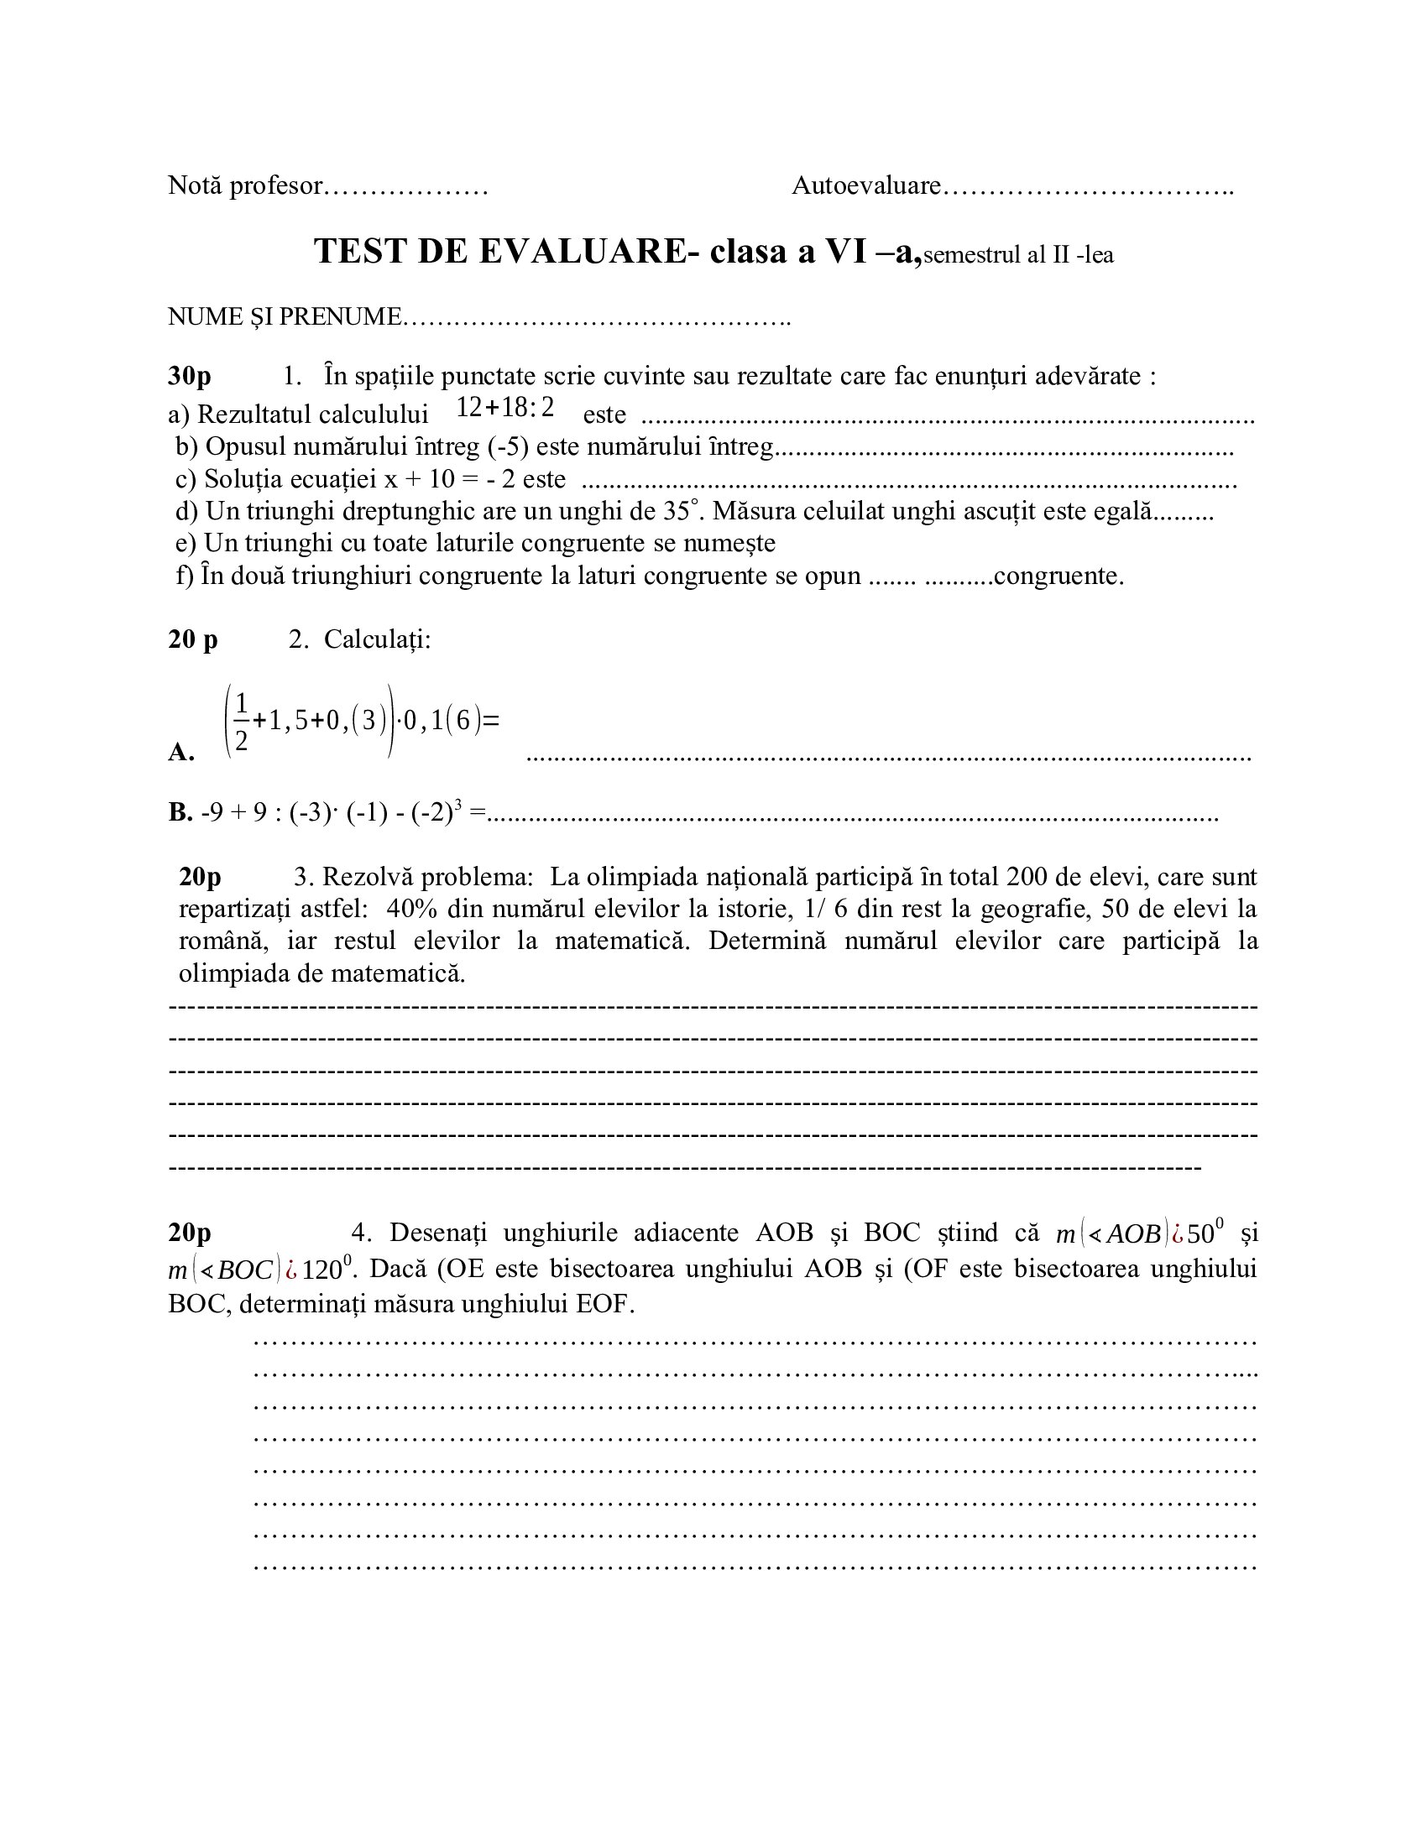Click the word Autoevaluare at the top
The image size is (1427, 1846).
[865, 186]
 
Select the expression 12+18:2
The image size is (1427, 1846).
[504, 408]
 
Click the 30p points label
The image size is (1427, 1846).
[190, 376]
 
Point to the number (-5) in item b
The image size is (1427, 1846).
[507, 446]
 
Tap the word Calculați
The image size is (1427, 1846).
[377, 640]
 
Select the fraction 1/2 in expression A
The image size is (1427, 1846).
[241, 721]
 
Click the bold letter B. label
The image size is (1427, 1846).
[180, 812]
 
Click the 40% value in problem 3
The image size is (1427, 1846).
[412, 909]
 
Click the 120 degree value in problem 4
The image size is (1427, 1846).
[322, 1270]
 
